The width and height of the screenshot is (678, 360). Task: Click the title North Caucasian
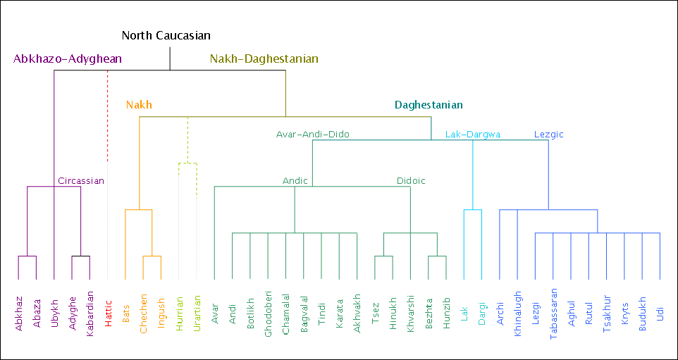tap(166, 35)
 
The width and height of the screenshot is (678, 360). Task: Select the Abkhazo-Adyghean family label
tap(68, 58)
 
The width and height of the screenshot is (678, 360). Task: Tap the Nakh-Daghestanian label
tap(264, 58)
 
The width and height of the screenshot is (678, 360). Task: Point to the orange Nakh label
tap(139, 105)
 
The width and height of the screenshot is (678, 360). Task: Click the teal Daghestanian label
tap(429, 105)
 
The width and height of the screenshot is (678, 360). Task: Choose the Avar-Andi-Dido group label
tap(312, 134)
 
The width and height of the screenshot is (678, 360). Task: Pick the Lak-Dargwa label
tap(473, 134)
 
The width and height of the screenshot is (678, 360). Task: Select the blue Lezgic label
tap(548, 134)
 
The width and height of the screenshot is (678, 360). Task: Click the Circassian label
tap(81, 180)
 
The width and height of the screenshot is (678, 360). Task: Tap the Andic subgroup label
tap(295, 180)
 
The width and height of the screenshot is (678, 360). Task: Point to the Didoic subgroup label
tap(411, 180)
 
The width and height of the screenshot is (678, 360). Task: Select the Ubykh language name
tap(54, 311)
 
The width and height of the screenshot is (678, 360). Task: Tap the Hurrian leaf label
tap(180, 311)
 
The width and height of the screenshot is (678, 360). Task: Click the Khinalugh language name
tap(518, 315)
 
